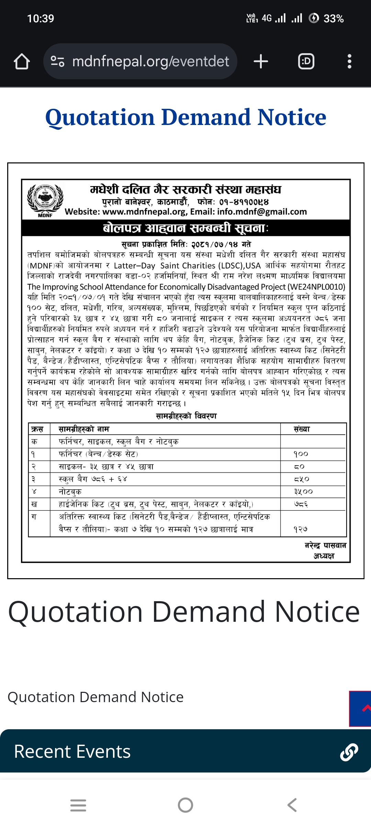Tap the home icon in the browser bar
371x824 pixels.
coord(22,62)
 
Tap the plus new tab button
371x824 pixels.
coord(261,62)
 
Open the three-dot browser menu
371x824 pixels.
coord(349,62)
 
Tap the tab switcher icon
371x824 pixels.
coord(306,62)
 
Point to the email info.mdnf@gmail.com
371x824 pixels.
coord(262,212)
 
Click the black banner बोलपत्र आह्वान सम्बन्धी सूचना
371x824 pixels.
coord(185,228)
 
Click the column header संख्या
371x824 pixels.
coord(302,429)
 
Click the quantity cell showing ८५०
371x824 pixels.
coord(302,479)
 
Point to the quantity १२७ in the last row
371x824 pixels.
coord(301,529)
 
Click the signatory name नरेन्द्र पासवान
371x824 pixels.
coord(325,546)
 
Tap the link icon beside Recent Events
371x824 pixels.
coord(349,752)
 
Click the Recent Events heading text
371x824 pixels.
coord(72,752)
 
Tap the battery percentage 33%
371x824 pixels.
coord(334,19)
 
